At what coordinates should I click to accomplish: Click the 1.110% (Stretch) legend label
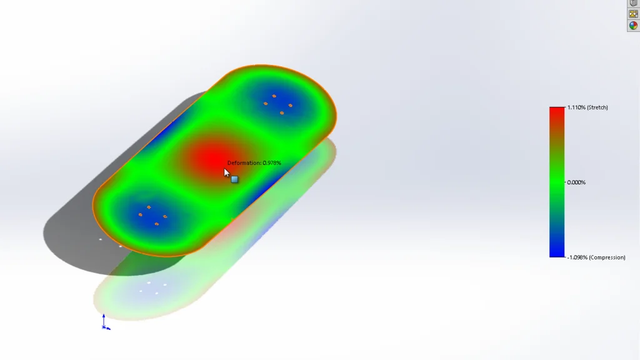(x=587, y=107)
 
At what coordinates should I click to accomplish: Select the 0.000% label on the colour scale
(x=576, y=182)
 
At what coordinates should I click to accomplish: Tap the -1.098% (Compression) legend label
(x=596, y=257)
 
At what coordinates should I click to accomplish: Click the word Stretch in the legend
(x=598, y=107)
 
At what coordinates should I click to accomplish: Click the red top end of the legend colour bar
(x=557, y=110)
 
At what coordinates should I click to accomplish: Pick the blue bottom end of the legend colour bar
(x=557, y=253)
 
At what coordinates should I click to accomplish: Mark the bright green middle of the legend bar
(x=557, y=182)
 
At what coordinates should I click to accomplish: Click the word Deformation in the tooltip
(x=244, y=163)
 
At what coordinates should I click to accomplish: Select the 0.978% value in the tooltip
(x=272, y=163)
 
